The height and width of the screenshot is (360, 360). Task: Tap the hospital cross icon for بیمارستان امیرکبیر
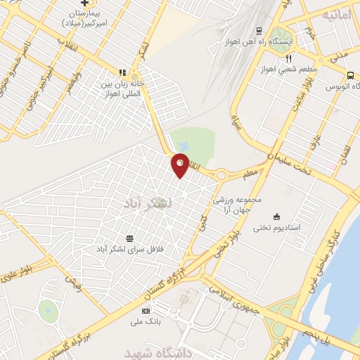click(x=84, y=4)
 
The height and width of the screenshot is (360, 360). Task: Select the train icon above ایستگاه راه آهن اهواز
click(x=259, y=30)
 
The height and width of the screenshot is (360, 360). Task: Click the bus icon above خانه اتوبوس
click(x=349, y=75)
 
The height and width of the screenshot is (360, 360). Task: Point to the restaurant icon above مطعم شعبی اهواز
click(x=288, y=58)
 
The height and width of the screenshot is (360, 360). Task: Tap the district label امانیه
click(x=336, y=14)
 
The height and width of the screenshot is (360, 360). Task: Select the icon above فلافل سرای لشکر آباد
click(x=129, y=238)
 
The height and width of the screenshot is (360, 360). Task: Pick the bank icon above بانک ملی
click(x=146, y=311)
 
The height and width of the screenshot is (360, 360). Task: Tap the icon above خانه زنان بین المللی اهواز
click(x=122, y=72)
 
